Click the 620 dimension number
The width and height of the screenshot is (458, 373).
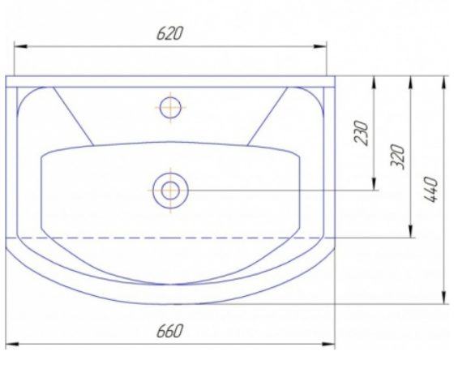pyautogui.click(x=169, y=33)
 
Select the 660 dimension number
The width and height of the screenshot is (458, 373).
pyautogui.click(x=169, y=331)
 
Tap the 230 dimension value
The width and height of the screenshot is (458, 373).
pyautogui.click(x=361, y=132)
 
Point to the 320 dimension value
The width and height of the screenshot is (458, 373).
pyautogui.click(x=398, y=156)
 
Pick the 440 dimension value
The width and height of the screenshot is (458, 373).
pyautogui.click(x=431, y=189)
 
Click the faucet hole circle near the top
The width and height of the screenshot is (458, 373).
pyautogui.click(x=170, y=108)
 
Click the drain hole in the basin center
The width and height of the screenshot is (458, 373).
pyautogui.click(x=170, y=191)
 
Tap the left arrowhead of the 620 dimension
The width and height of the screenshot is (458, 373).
pyautogui.click(x=20, y=46)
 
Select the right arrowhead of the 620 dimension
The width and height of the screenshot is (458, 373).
pyautogui.click(x=320, y=46)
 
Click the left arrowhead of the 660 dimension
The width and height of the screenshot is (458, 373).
pyautogui.click(x=12, y=344)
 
